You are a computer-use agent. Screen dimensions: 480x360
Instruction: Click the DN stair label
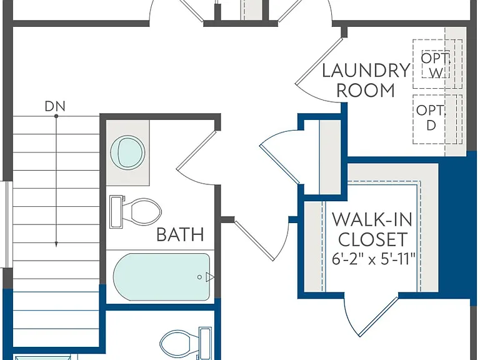tap(55, 106)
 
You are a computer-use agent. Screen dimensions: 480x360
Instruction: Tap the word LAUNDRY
tap(366, 71)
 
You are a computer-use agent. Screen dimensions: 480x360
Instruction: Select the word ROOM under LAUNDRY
tap(366, 90)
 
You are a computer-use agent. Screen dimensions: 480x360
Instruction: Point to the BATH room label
tap(180, 235)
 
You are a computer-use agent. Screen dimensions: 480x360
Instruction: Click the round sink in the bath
tap(127, 152)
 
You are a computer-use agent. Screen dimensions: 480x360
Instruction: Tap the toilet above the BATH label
tap(135, 212)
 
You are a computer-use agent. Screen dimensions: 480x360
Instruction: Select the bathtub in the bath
tap(162, 277)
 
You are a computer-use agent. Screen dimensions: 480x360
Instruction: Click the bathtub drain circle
tap(199, 277)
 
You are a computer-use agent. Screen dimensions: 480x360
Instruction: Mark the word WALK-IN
tap(372, 219)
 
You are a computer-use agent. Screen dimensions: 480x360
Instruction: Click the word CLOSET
tap(373, 239)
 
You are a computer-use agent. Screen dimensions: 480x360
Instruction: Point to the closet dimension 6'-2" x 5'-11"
tap(374, 260)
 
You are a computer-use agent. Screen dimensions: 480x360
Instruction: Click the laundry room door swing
tap(318, 71)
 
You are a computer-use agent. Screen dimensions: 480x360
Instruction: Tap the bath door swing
tap(197, 158)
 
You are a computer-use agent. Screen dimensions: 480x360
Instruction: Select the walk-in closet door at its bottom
tap(371, 315)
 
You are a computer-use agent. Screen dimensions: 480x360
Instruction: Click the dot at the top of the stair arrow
tap(56, 116)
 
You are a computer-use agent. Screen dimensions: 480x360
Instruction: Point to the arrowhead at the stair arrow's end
tap(56, 244)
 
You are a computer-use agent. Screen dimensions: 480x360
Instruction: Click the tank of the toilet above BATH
tap(116, 212)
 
